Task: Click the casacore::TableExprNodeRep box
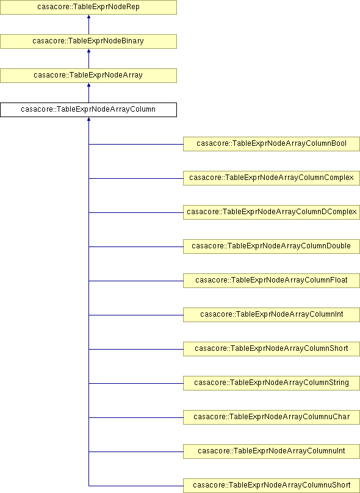point(88,7)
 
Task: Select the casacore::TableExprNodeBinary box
point(88,41)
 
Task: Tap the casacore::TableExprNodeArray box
point(88,76)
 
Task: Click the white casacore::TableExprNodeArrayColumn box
point(88,110)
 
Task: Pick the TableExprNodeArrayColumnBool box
point(272,144)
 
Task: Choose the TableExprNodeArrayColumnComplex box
point(272,178)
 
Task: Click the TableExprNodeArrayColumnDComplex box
point(272,212)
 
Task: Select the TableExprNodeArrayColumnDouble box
point(272,246)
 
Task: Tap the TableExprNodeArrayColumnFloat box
point(272,281)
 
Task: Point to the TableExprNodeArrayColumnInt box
point(272,315)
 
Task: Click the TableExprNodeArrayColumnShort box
point(272,349)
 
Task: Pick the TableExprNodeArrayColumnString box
point(272,383)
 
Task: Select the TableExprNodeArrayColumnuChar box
point(272,417)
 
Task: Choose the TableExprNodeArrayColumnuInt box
point(272,452)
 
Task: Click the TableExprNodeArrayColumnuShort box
point(272,486)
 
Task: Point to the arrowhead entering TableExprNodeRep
point(88,16)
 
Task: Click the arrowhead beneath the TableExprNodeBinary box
point(88,51)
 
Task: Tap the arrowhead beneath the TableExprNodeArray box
point(88,85)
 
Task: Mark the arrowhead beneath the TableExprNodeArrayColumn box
point(88,119)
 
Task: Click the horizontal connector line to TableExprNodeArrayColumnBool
point(136,145)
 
